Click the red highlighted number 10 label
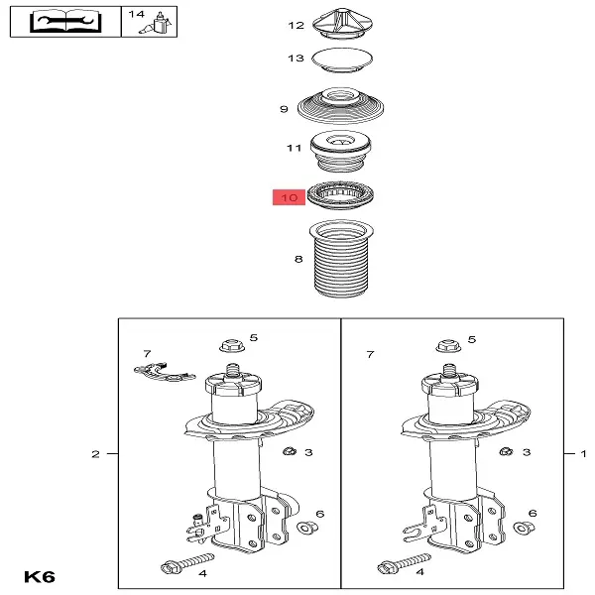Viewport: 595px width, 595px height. coord(289,197)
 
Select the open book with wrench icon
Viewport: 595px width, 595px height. coord(65,21)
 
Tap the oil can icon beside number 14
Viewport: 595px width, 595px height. coord(157,24)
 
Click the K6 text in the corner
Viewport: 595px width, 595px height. coord(40,577)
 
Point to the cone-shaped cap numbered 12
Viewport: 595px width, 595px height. coord(342,23)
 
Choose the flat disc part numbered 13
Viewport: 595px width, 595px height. coord(342,59)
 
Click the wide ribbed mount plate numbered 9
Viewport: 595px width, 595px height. coord(340,106)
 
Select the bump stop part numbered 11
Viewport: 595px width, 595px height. coord(340,152)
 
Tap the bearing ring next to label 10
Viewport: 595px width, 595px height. coord(340,195)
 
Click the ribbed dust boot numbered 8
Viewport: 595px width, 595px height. coord(341,259)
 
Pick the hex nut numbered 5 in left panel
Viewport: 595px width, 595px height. coord(232,346)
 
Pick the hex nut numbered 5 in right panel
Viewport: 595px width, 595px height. coord(448,346)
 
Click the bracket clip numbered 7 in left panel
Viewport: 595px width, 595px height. coord(165,372)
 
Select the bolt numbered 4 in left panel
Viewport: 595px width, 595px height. coord(187,563)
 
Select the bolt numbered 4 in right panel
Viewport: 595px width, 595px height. coord(404,563)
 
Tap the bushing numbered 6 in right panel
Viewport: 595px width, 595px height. coord(524,528)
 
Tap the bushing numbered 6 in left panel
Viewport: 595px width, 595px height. coord(307,528)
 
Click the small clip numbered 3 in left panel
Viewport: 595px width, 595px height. coord(290,451)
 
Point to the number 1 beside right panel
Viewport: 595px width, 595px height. coord(584,453)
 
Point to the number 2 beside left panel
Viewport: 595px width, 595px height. coord(95,454)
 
